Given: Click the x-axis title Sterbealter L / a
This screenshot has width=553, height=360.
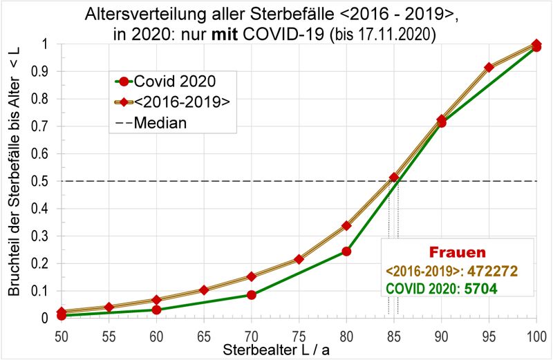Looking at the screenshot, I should point(276,350).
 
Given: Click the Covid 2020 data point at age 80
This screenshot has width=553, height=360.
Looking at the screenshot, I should point(346,251).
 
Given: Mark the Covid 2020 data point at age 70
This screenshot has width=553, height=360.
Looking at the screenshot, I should point(252,295).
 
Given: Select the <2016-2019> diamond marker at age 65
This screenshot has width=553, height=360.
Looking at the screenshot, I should point(204,290).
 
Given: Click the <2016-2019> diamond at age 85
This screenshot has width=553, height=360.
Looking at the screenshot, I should point(394,178).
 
